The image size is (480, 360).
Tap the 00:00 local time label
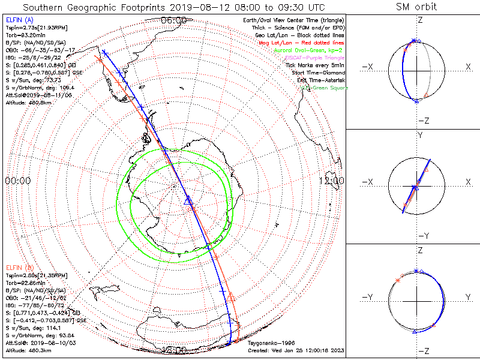click(x=17, y=180)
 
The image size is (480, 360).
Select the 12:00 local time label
click(x=331, y=180)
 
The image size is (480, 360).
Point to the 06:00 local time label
click(x=174, y=20)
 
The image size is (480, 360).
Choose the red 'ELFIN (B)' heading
click(x=19, y=267)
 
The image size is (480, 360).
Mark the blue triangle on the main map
click(x=187, y=199)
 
